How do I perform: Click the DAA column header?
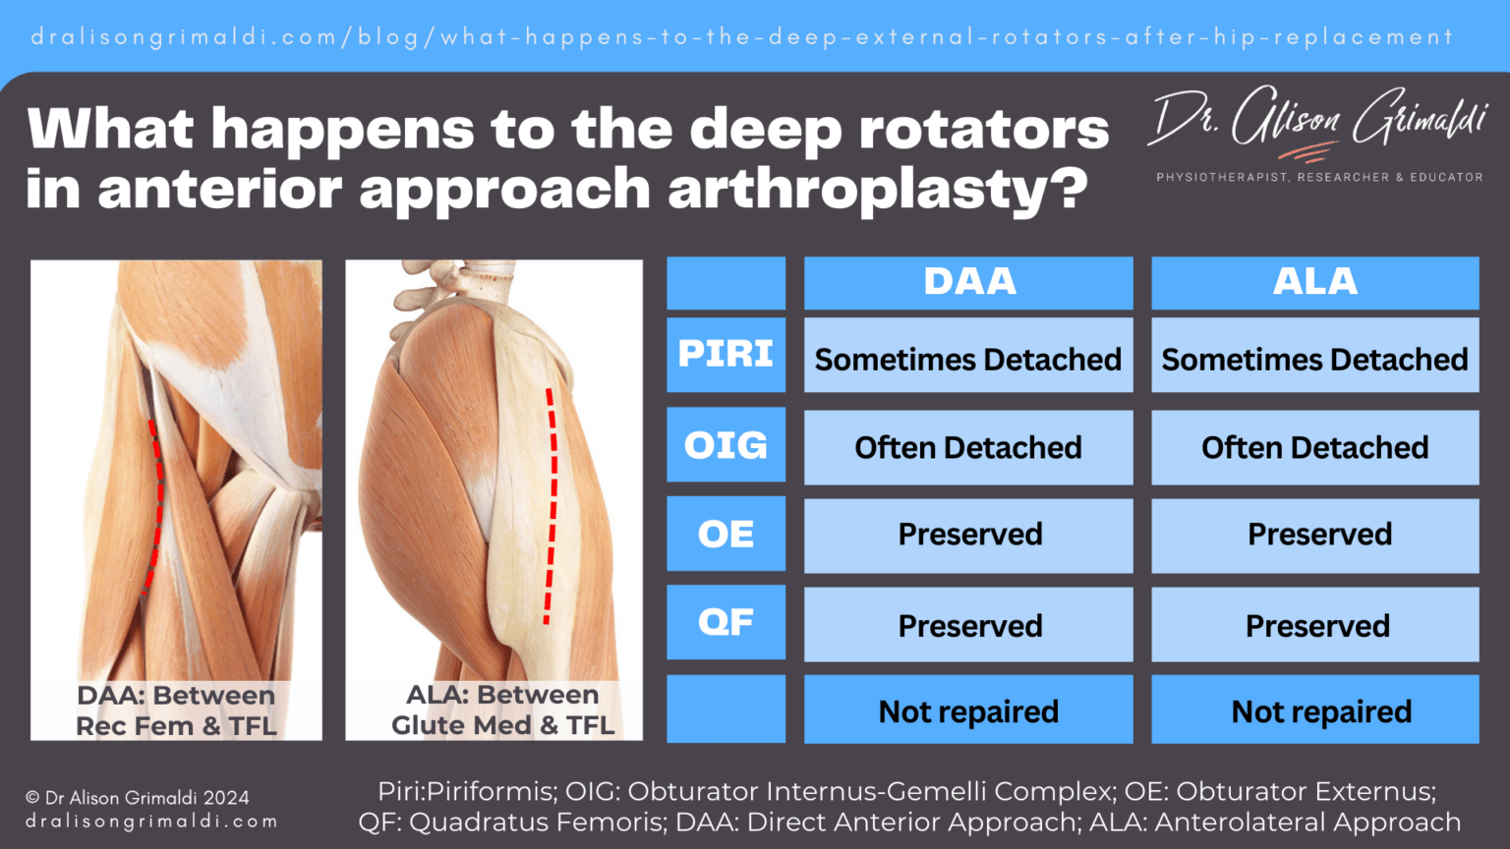[x=968, y=283]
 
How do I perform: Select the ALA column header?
[x=1314, y=283]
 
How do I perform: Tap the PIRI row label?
[x=726, y=355]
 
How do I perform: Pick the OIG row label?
[x=726, y=445]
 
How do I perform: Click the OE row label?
[x=726, y=534]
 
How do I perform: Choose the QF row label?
[x=726, y=622]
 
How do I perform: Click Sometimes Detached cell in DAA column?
[x=968, y=360]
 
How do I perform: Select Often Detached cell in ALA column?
[x=1314, y=448]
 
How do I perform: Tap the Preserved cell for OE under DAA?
[x=968, y=535]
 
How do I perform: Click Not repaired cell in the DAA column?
[x=968, y=711]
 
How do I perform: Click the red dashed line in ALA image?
[x=552, y=506]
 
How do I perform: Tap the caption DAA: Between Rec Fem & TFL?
[x=176, y=710]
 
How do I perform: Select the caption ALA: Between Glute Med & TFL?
[x=502, y=709]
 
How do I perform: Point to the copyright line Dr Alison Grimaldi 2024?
[x=138, y=798]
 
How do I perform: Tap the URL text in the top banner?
[x=742, y=37]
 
